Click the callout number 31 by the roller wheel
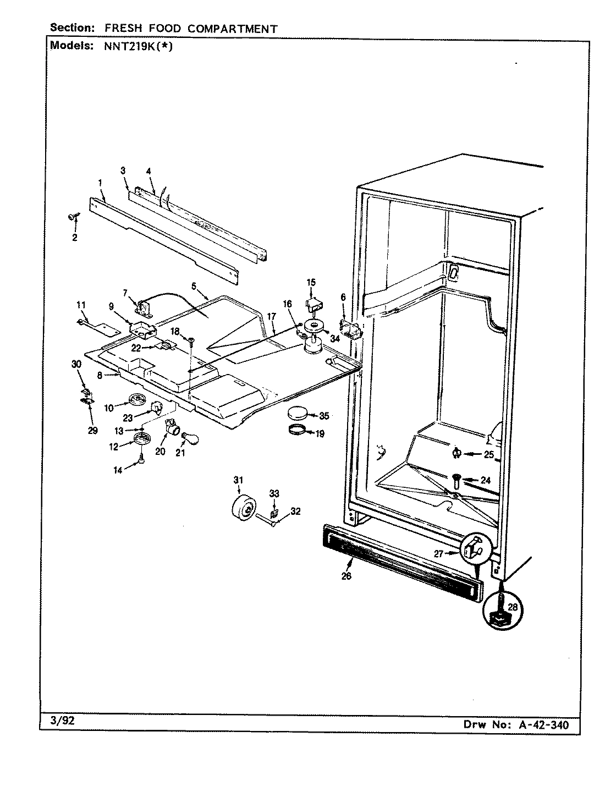pos(238,480)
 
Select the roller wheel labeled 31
pos(242,507)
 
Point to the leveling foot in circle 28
pos(501,613)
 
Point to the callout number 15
pos(311,282)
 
